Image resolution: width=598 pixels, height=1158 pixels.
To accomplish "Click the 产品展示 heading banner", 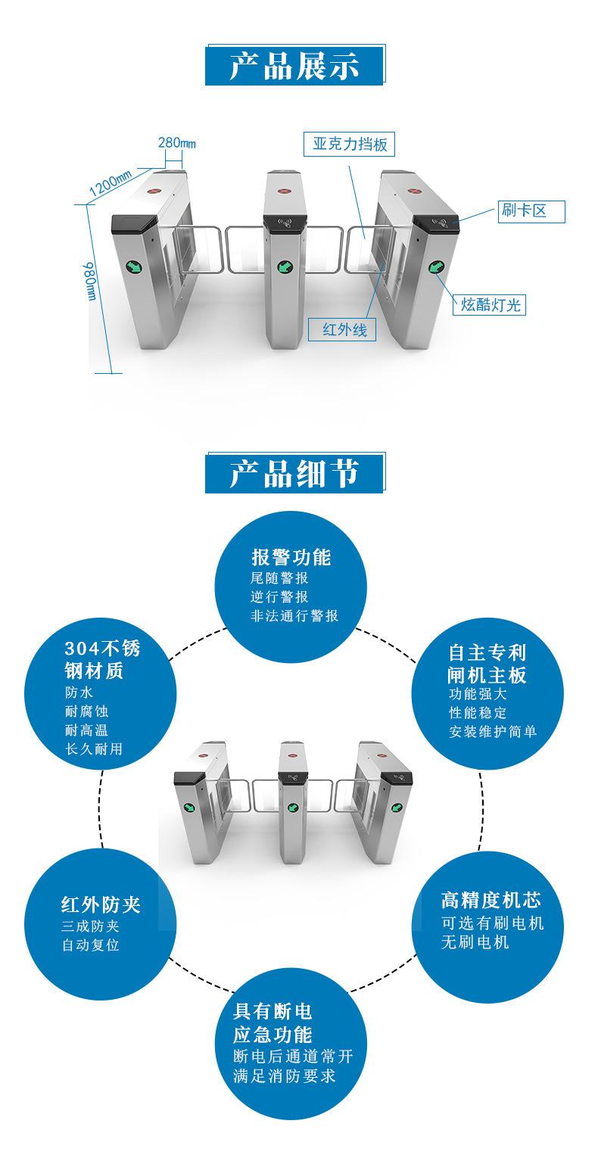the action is point(294,66).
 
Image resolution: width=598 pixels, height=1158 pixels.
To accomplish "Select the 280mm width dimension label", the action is point(177,143).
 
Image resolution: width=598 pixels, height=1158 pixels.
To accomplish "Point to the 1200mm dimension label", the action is point(111,182).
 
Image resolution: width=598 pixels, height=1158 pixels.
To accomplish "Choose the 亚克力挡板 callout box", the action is point(350,144).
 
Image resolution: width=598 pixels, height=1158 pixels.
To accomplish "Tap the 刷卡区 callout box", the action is point(531,211).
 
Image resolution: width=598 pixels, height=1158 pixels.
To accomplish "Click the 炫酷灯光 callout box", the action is point(490,304).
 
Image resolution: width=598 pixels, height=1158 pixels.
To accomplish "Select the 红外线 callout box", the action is point(342,329).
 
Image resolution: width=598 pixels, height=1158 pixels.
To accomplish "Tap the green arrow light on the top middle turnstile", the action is point(284,266).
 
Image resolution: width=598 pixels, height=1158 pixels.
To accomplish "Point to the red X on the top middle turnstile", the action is point(284,190).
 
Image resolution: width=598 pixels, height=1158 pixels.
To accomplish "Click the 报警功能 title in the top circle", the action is point(291,557).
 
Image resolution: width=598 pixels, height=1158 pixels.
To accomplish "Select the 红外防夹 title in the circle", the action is point(101,904).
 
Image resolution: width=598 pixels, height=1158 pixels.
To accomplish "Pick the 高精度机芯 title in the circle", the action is point(491,900).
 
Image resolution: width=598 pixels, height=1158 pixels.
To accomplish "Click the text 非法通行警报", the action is point(294,615).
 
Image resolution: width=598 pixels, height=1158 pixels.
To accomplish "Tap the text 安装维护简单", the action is point(493,731).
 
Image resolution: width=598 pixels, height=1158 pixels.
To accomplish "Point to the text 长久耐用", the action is point(94,749).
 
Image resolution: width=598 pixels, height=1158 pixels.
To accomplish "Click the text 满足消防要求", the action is point(285,1076).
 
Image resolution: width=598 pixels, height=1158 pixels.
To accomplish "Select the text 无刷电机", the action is point(475,942).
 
